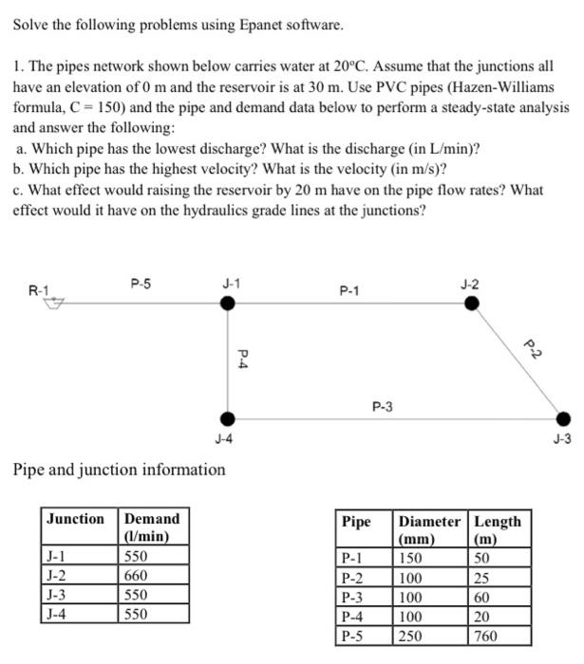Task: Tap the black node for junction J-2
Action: coord(472,304)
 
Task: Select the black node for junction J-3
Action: coord(563,418)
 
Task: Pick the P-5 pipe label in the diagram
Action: coord(141,282)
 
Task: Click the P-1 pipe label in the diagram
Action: coord(350,291)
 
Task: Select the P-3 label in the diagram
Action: coord(383,407)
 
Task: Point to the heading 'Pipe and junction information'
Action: coord(119,470)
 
